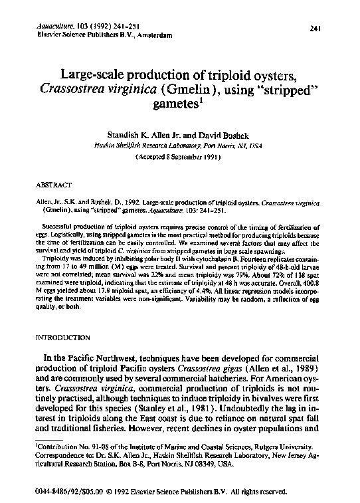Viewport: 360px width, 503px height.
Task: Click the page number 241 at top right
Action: [315, 27]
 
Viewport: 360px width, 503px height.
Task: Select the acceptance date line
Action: [179, 157]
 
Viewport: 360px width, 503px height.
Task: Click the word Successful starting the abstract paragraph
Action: [58, 227]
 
